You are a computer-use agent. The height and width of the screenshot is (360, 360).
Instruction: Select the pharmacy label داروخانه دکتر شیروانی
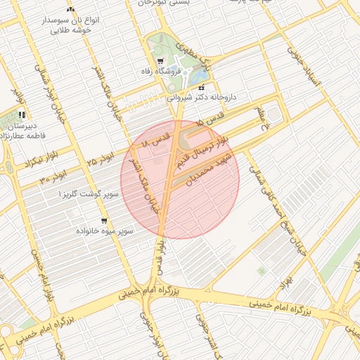click(203, 99)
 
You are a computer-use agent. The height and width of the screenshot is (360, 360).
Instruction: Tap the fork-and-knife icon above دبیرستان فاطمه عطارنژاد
click(22, 114)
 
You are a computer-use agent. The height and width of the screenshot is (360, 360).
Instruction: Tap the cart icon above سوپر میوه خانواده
click(104, 221)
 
